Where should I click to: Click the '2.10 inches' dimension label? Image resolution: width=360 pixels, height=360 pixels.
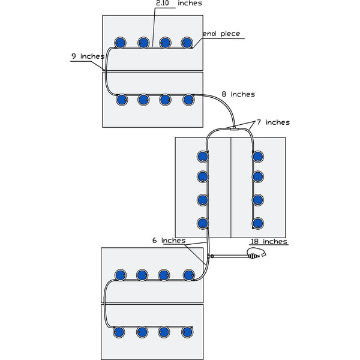(x=178, y=4)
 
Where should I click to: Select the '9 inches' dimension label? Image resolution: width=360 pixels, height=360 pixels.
(x=88, y=56)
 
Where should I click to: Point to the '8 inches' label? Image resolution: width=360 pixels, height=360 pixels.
(x=238, y=94)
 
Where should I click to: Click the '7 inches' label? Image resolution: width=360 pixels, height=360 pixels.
(x=273, y=122)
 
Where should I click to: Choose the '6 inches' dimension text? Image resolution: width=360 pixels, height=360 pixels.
(x=168, y=240)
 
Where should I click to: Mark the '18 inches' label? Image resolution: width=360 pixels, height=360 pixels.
(x=268, y=241)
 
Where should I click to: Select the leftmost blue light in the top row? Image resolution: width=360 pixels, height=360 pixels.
(x=119, y=43)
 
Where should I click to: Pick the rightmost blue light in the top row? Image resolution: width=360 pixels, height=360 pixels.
(x=187, y=43)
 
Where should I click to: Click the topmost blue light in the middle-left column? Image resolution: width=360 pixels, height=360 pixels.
(x=203, y=157)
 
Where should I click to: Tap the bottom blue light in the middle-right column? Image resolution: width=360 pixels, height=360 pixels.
(x=258, y=223)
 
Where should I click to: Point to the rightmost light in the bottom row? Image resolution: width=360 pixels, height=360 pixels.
(x=187, y=331)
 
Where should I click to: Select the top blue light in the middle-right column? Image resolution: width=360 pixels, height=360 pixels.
(x=258, y=157)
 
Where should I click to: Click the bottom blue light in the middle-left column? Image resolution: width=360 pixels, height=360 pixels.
(x=203, y=223)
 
